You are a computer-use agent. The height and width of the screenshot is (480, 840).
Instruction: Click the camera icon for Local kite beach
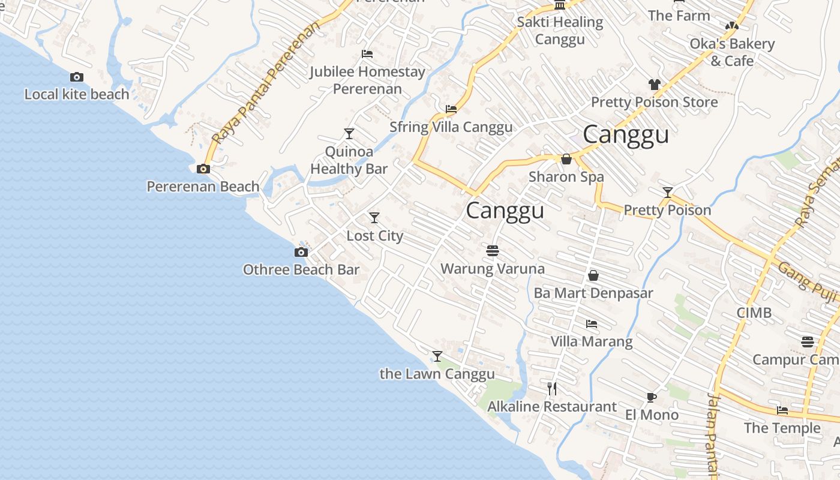point(77,77)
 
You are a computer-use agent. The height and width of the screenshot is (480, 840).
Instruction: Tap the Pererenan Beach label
point(203,187)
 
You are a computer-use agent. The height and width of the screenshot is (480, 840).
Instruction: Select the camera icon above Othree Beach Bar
point(301,252)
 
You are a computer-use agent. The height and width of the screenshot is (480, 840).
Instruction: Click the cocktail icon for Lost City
point(374,217)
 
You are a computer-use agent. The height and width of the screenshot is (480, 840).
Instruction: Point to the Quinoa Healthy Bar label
point(349,160)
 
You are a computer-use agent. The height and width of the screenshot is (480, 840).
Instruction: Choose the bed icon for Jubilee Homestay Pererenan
point(368,54)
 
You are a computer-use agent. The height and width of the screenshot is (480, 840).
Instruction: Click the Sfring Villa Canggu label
point(451,127)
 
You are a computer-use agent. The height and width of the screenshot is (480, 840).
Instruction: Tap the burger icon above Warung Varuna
point(493,250)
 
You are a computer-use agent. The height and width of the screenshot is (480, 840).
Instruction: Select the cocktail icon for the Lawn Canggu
point(437,356)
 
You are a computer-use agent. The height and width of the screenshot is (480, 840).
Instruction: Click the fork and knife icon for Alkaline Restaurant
point(552,389)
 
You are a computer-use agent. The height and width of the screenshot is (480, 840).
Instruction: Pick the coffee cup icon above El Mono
point(652,397)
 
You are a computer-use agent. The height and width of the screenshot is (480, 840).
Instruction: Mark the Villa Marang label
point(592,342)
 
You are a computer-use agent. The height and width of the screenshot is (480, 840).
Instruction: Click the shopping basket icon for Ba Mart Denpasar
point(593,275)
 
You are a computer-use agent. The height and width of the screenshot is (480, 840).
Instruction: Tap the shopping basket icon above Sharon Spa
point(566,159)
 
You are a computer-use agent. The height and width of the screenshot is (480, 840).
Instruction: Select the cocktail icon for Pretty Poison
point(667,192)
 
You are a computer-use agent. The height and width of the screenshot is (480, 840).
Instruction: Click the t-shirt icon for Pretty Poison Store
point(654,85)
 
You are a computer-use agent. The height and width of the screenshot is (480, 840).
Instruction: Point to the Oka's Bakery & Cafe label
point(732,52)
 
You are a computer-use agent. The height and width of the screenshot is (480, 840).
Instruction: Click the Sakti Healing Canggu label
point(560,31)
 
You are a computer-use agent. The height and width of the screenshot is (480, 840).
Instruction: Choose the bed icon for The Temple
point(782,410)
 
